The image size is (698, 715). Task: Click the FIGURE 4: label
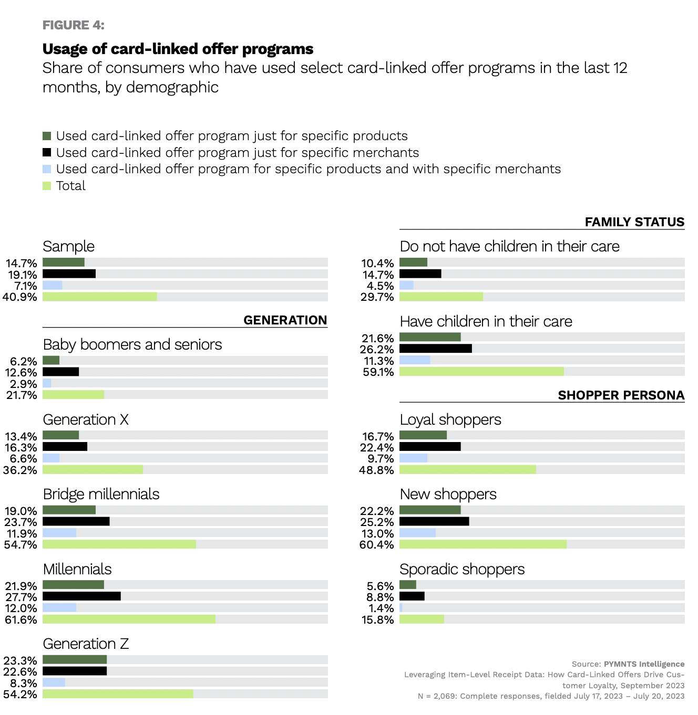[73, 25]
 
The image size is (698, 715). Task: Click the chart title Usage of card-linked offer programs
[178, 49]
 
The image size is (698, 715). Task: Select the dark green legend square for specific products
[47, 136]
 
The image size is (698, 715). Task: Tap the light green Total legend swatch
[47, 186]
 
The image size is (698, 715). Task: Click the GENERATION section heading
[285, 320]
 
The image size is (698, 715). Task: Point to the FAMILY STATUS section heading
[634, 222]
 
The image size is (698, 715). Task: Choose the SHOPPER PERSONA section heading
[621, 395]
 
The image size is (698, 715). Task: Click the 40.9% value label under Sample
[20, 297]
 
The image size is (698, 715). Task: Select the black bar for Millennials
[81, 596]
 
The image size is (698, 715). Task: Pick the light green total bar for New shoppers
[483, 544]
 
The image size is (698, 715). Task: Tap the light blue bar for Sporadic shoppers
[401, 608]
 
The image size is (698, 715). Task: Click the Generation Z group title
[86, 644]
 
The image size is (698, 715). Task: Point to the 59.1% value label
[378, 372]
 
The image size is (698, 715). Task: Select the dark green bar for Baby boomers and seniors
[51, 361]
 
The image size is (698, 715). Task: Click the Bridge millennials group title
[101, 494]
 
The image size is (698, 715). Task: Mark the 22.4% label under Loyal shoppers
[377, 447]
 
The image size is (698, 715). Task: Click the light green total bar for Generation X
[93, 469]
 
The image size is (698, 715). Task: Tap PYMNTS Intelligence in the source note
[644, 664]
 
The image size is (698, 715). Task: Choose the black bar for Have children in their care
[435, 349]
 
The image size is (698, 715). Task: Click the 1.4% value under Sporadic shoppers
[381, 608]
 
